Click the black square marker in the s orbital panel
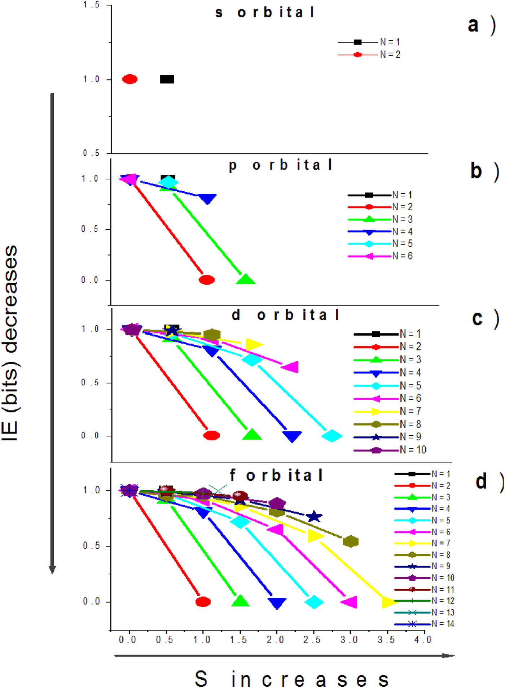tap(167, 79)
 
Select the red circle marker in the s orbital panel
tap(130, 79)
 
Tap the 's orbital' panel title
tap(265, 13)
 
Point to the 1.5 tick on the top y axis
tap(91, 5)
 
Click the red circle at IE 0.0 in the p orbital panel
tap(207, 280)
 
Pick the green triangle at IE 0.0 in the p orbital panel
tap(246, 279)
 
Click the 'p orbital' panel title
tap(280, 165)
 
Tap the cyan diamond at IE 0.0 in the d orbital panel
tap(331, 436)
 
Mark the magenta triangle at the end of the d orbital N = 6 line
tap(290, 367)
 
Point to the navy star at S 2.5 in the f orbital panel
tap(314, 517)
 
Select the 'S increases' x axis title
tap(291, 679)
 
